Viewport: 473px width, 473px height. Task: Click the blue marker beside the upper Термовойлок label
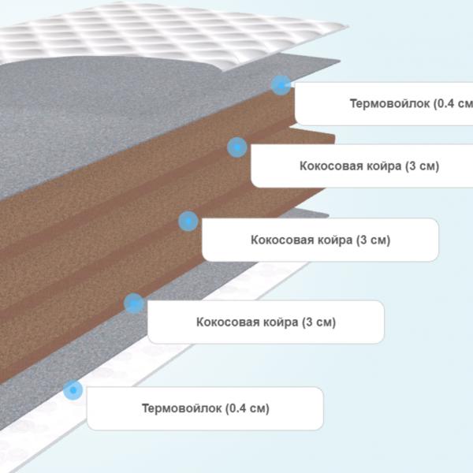281,85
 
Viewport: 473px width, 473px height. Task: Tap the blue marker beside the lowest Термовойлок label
73,390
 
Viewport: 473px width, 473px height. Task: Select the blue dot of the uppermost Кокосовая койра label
237,147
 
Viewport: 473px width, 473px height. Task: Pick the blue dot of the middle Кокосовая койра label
188,221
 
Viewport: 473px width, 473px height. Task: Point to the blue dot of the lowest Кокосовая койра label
134,303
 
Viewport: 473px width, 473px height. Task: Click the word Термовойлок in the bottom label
182,408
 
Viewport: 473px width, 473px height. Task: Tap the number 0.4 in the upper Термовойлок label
445,103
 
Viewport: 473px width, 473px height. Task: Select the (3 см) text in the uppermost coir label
422,166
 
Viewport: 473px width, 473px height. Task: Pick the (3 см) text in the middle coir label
374,240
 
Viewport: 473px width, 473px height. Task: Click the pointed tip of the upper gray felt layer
340,61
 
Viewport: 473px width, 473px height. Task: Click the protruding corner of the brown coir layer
334,136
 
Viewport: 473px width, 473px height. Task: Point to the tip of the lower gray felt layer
328,215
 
